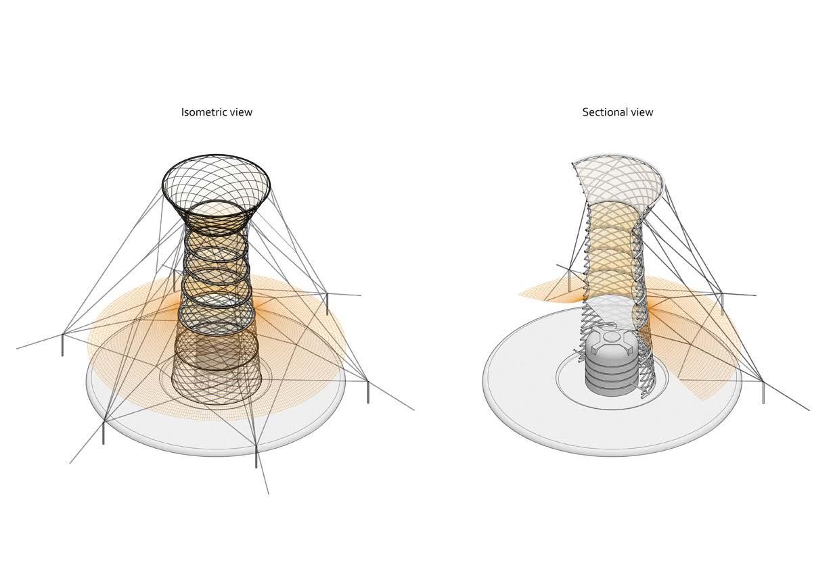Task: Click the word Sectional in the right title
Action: [604, 112]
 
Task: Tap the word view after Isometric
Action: [240, 112]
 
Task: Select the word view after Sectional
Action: [641, 112]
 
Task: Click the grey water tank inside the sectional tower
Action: [611, 365]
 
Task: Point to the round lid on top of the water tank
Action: [611, 336]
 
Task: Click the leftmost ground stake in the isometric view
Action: [63, 343]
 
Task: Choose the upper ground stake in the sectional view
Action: [721, 302]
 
